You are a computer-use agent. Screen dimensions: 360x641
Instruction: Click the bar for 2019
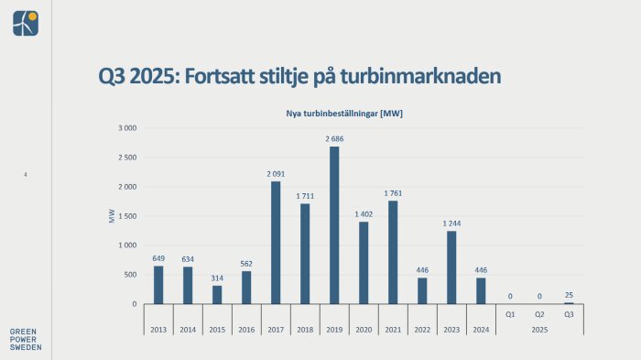click(334, 225)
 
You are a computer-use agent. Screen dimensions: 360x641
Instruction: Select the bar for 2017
click(276, 243)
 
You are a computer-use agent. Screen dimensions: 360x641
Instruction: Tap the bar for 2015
click(217, 294)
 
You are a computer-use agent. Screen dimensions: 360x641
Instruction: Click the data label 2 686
click(334, 138)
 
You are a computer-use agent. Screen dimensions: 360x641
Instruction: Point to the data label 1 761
click(393, 192)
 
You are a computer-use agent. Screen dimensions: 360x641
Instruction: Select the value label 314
click(217, 278)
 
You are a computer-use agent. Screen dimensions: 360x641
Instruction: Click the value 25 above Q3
click(569, 295)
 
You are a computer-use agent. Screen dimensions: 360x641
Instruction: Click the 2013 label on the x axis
click(158, 329)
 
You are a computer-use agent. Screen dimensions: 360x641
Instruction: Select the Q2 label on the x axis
click(539, 314)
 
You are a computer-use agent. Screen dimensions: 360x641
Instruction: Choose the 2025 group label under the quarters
click(539, 329)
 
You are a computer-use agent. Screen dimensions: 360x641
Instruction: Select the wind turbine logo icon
click(26, 23)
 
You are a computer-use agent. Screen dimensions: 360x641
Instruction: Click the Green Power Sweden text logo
click(25, 339)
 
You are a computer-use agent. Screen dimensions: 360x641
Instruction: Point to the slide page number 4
click(26, 174)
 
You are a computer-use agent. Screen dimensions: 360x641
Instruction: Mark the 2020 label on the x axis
click(364, 329)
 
